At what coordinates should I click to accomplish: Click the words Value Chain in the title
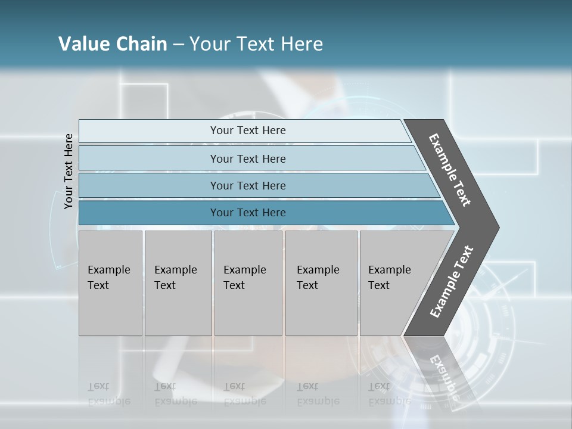click(x=113, y=43)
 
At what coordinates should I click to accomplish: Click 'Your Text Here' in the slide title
click(x=256, y=43)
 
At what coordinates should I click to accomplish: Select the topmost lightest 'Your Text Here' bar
click(x=247, y=130)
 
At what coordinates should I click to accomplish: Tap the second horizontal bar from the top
click(x=247, y=158)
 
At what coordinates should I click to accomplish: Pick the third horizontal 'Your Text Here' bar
click(x=247, y=185)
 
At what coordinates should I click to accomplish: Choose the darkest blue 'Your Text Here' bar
click(x=247, y=213)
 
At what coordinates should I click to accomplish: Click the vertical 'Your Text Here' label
click(x=69, y=171)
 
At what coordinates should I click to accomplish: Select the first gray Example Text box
click(x=110, y=283)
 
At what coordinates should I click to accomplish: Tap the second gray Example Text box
click(x=178, y=283)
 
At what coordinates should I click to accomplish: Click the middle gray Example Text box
click(x=248, y=283)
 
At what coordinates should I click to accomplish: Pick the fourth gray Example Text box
click(x=321, y=283)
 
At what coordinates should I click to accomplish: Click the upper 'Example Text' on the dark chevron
click(x=450, y=170)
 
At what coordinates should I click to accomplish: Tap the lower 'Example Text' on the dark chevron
click(x=451, y=282)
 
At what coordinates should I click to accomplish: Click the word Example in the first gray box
click(x=108, y=270)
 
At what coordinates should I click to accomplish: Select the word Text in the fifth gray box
click(x=378, y=285)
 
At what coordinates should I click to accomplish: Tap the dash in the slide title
click(x=178, y=44)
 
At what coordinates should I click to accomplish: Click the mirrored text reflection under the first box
click(x=108, y=394)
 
